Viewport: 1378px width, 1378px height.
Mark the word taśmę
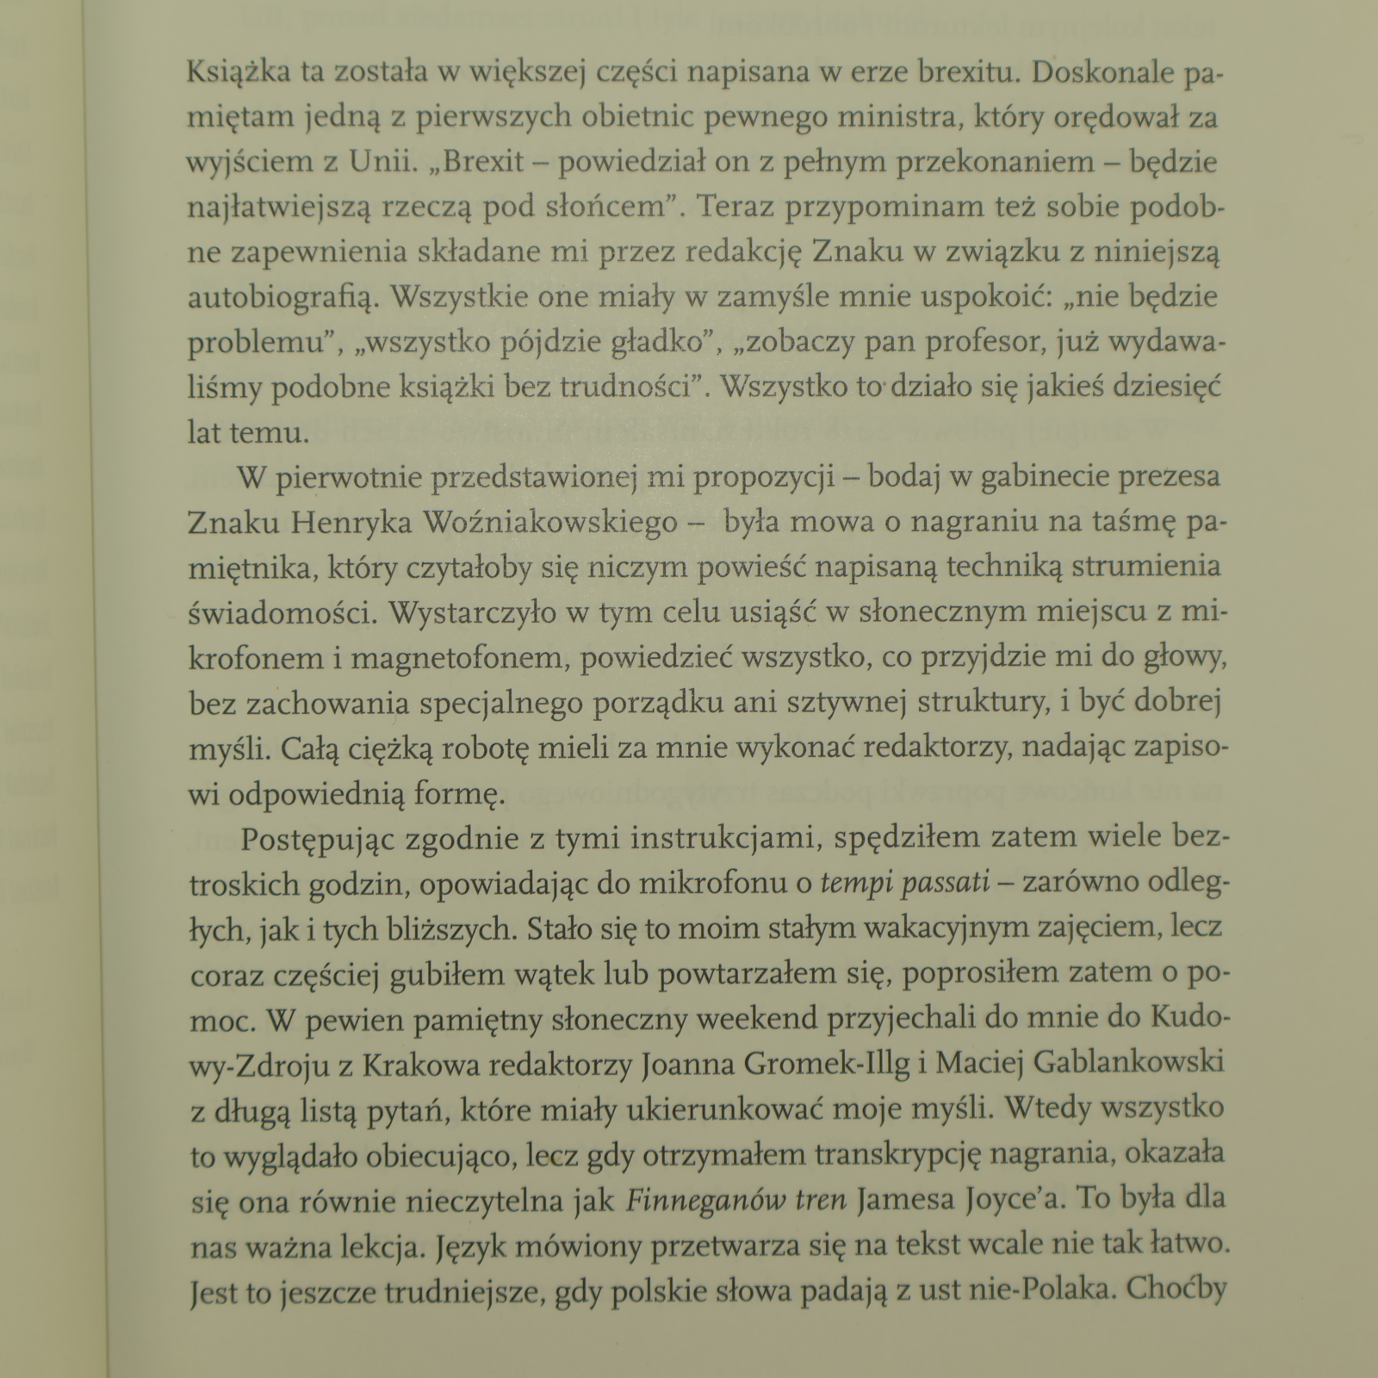pos(1113,523)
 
